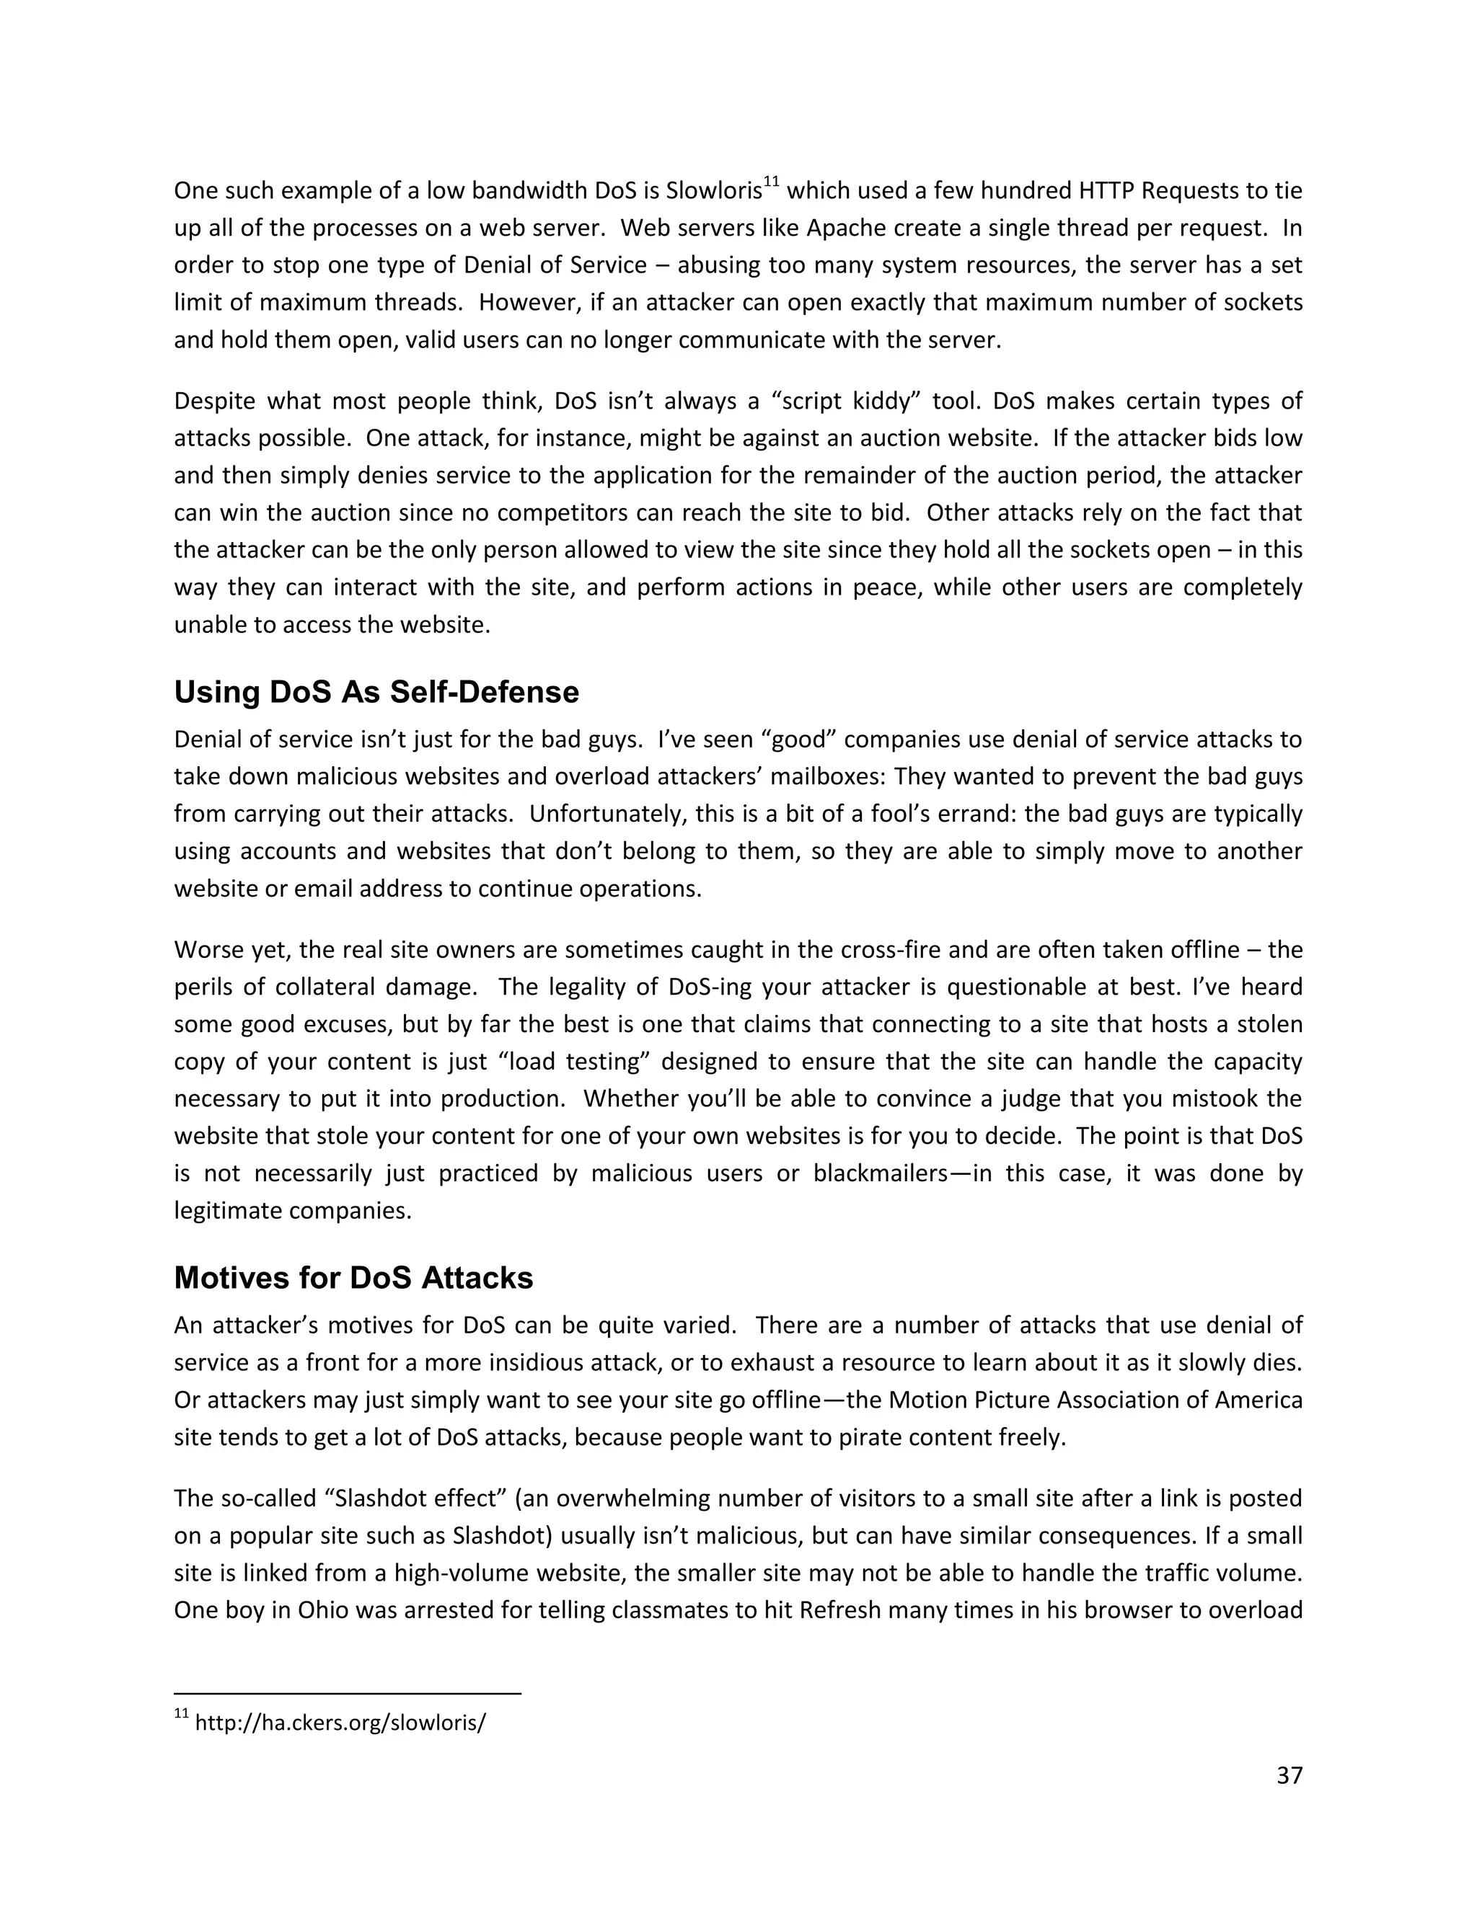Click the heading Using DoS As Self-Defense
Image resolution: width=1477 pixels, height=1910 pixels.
376,693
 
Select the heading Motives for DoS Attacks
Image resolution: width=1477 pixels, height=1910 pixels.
353,1278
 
